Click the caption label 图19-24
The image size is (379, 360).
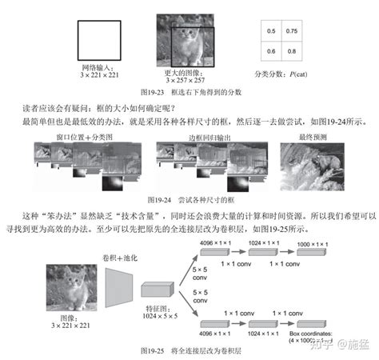point(161,199)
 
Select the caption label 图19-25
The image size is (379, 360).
point(153,350)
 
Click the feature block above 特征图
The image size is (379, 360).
point(157,291)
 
